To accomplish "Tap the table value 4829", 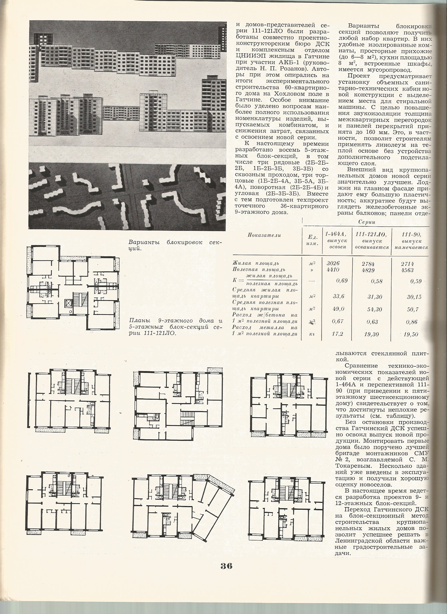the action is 368,270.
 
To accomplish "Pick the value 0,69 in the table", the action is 342,280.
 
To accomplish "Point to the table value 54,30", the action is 375,309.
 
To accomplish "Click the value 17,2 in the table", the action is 338,334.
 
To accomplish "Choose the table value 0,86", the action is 412,322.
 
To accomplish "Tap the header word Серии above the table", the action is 367,222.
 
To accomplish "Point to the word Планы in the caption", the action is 137,321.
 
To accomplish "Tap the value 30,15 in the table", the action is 414,297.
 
